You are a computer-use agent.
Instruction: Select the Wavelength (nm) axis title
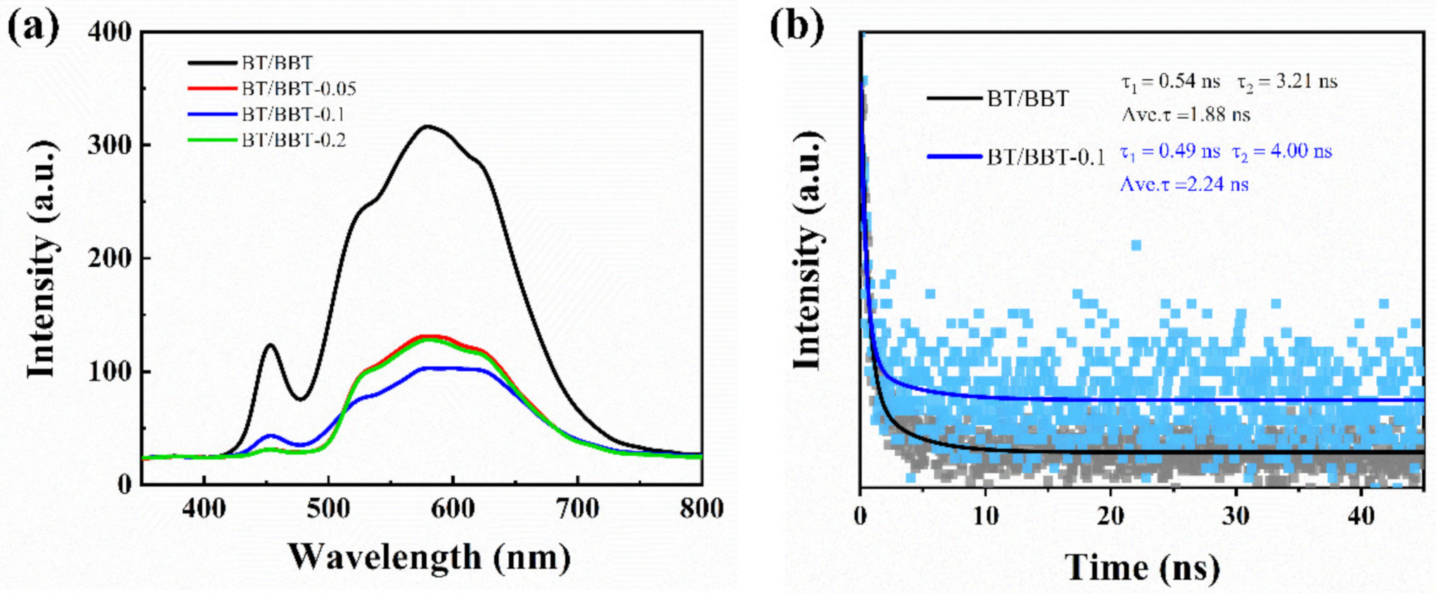coord(429,557)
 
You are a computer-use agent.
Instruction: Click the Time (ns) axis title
coord(1142,567)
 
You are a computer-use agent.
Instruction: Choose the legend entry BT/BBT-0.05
coord(298,89)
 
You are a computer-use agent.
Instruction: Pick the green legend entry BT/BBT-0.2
coord(293,141)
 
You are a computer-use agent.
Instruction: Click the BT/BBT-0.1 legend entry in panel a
coord(292,115)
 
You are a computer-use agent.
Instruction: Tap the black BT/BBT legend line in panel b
coord(953,98)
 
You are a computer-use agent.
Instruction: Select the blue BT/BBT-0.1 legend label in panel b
coord(1045,157)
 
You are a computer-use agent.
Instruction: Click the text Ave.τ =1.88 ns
coord(1186,115)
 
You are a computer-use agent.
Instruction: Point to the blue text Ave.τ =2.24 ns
coord(1184,184)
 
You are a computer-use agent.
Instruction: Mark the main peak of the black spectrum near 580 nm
coord(427,127)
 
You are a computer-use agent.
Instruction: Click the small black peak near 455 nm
coord(271,344)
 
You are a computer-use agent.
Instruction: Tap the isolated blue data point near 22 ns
coord(1136,245)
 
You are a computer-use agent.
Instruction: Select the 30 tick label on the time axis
coord(1236,516)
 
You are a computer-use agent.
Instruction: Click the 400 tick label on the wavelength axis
coord(204,509)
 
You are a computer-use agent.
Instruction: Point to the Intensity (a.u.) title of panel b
coord(808,250)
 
